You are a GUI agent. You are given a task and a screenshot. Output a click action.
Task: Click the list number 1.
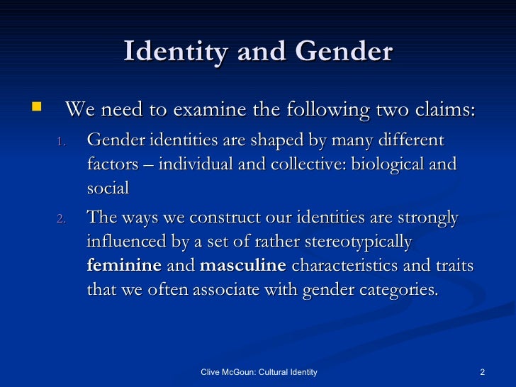61,142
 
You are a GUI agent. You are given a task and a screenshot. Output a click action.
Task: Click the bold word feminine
124,267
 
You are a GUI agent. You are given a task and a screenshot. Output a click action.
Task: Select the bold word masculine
243,267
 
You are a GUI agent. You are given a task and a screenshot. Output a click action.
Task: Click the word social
108,189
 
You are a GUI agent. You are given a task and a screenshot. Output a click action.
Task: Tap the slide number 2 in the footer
482,373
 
